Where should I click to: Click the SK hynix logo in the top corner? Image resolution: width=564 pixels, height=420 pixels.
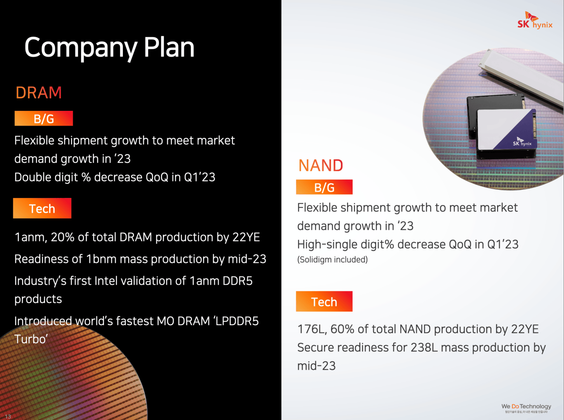coord(535,20)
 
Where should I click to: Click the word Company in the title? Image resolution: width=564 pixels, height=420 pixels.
coord(81,48)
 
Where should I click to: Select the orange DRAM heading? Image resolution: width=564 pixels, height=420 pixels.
coord(39,92)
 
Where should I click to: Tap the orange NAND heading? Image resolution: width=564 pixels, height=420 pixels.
coord(321,166)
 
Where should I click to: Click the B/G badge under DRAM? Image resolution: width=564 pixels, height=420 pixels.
coord(44,119)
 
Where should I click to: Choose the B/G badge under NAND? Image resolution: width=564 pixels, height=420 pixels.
coord(324,187)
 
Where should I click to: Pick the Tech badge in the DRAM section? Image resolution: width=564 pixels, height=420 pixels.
coord(42,208)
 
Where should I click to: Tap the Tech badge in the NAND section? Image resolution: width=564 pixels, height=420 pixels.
coord(324,301)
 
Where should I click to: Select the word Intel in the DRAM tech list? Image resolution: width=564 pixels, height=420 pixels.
coord(107,281)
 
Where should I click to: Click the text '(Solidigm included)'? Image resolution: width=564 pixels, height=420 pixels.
coord(332,259)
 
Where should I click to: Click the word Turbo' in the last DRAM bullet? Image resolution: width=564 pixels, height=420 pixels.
coord(31,339)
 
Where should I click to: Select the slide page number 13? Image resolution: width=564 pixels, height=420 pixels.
coord(8,416)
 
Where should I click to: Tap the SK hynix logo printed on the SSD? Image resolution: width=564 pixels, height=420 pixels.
coord(522,142)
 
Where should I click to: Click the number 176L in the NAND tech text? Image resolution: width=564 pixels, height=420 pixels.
coord(312,329)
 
